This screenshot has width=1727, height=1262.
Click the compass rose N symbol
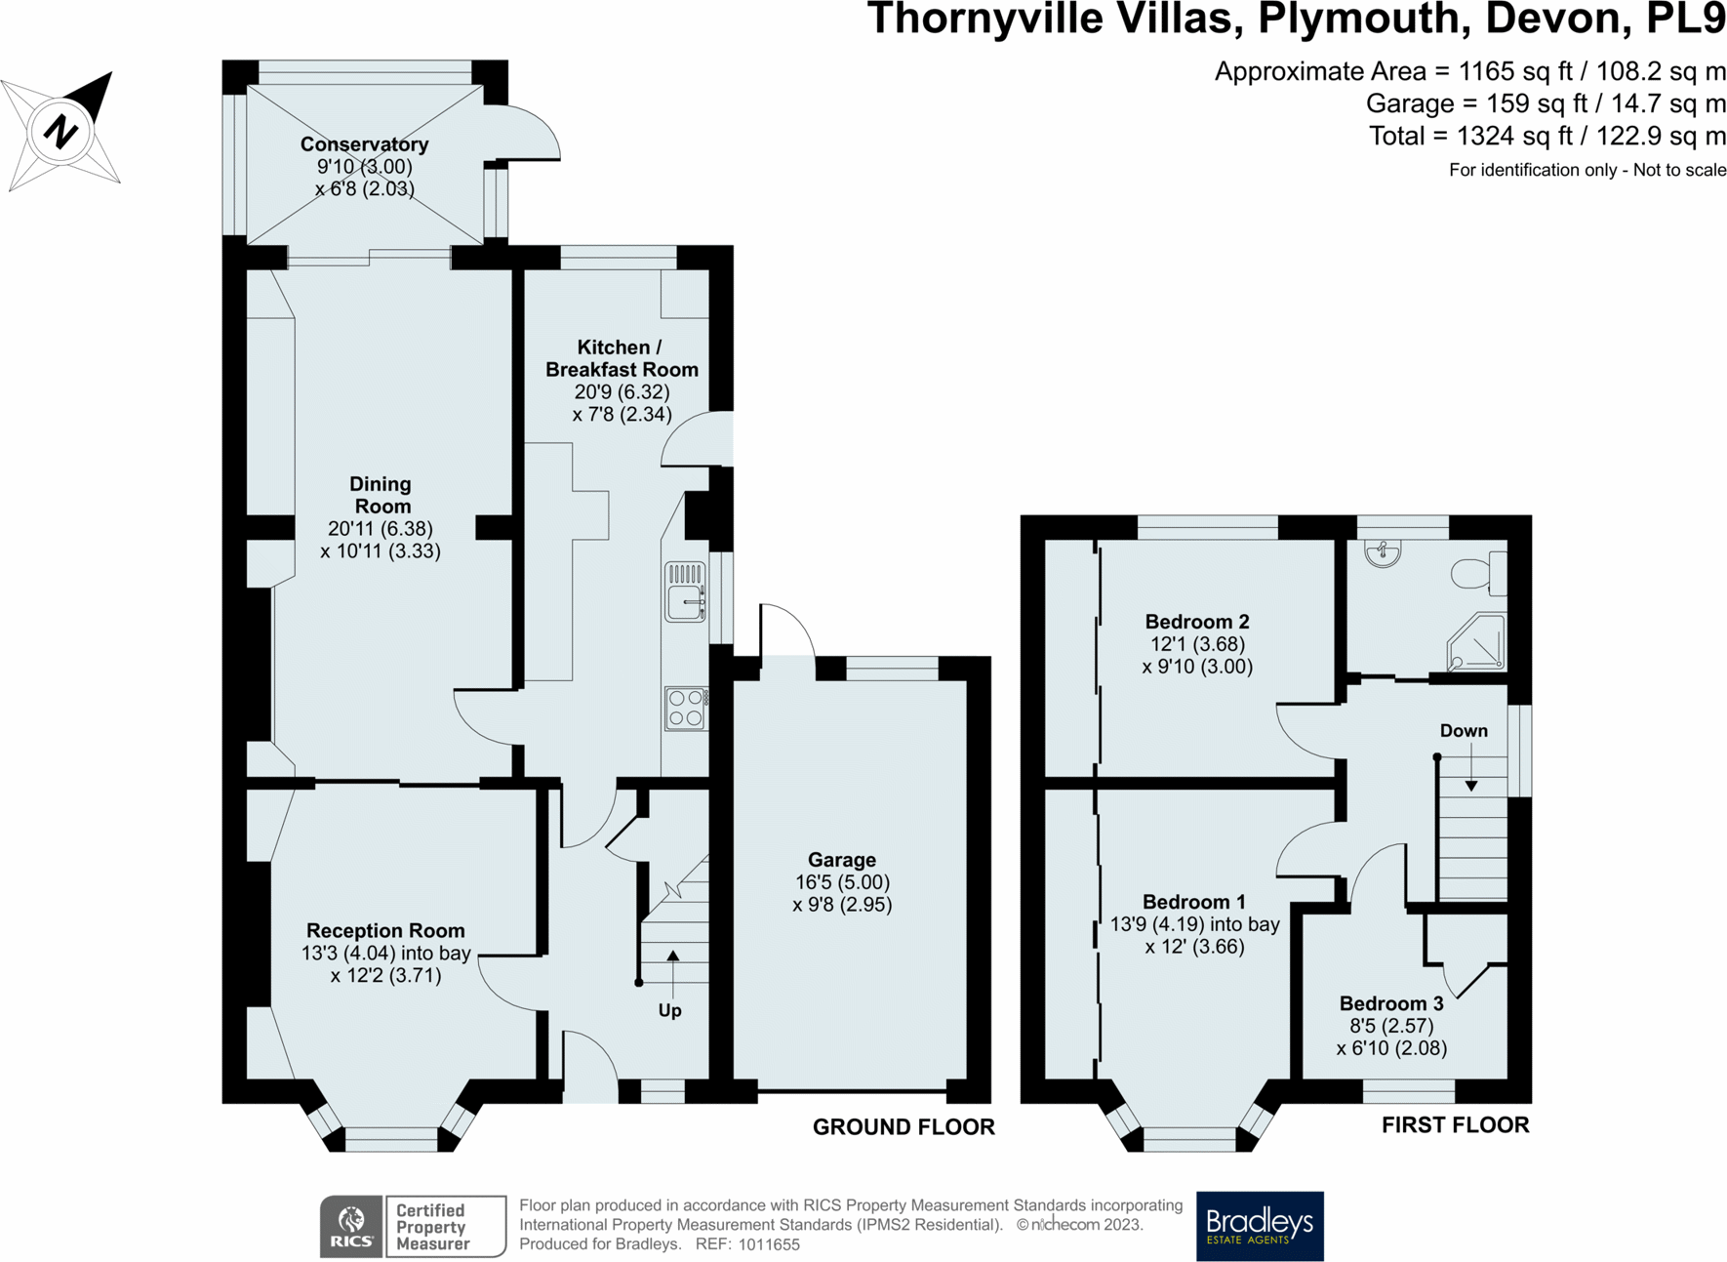[60, 130]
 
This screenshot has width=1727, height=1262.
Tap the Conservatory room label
[364, 144]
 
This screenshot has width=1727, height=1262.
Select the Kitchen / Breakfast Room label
[622, 358]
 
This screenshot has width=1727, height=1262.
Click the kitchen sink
[686, 591]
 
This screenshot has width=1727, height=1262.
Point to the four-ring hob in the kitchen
[687, 709]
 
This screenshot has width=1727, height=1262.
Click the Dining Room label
[382, 495]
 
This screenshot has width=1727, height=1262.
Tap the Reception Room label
[385, 931]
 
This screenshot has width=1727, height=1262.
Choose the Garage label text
[842, 860]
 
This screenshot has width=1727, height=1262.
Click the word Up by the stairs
[669, 1011]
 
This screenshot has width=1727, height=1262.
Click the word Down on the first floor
[1464, 731]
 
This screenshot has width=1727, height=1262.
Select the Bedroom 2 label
[1197, 622]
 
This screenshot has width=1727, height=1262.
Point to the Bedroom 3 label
[1391, 1003]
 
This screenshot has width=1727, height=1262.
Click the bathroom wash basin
[1383, 553]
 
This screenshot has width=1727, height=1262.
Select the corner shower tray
[1476, 642]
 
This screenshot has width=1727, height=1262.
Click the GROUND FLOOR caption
[904, 1127]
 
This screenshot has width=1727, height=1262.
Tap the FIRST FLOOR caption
[1455, 1125]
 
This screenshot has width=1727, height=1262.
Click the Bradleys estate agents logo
[1260, 1226]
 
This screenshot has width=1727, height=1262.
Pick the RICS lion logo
[351, 1227]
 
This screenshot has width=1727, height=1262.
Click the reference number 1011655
[769, 1244]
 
